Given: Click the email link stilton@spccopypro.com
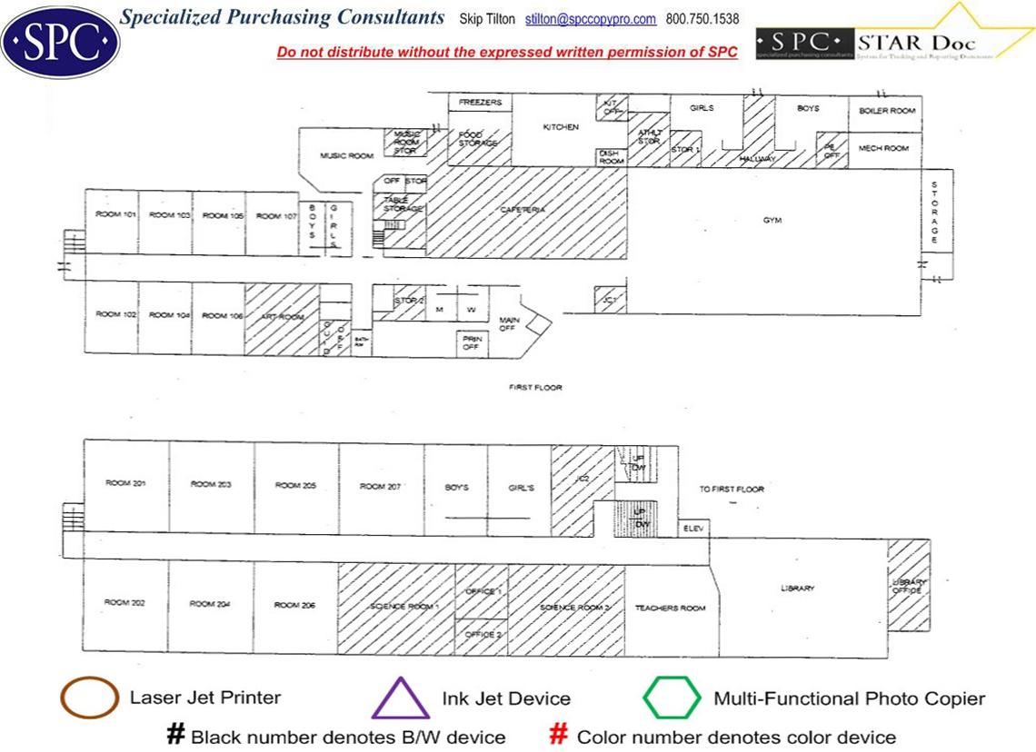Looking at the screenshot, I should click(590, 19).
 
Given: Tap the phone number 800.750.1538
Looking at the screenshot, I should click(702, 19).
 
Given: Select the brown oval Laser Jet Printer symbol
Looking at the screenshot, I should click(88, 698).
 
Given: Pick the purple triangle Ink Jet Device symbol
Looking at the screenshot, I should click(400, 699).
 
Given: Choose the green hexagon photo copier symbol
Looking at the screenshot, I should click(672, 698).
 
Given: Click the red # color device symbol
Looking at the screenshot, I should click(560, 735).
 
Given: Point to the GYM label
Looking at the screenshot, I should click(772, 220).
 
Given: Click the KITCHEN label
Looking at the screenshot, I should click(561, 127).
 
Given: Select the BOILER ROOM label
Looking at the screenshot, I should click(887, 111).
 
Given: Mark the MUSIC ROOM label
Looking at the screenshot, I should click(346, 156).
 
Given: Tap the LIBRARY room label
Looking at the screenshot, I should click(797, 589).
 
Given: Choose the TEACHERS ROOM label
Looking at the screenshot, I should click(670, 608).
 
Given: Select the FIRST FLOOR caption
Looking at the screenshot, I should click(535, 388).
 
